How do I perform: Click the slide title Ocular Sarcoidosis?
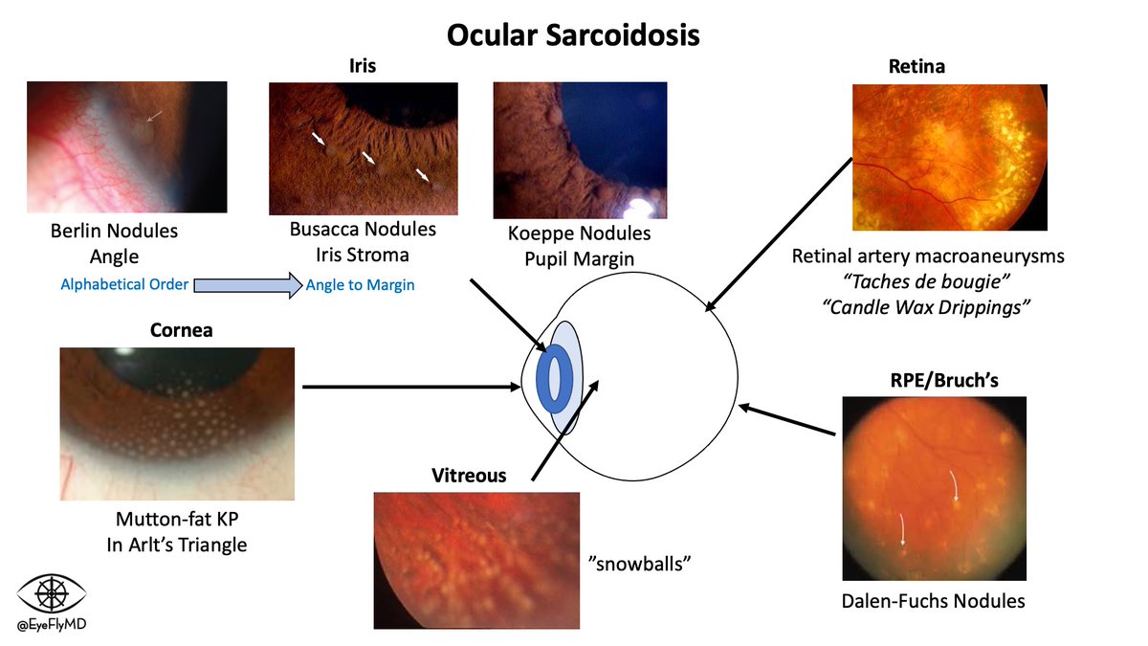click(573, 35)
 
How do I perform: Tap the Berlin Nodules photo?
click(127, 147)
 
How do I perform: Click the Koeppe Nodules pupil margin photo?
click(580, 150)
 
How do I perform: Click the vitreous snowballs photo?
click(476, 560)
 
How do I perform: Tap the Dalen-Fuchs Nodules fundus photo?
click(934, 489)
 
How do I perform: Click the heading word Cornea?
click(181, 330)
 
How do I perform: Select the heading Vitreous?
click(469, 475)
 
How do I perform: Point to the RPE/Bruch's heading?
click(938, 380)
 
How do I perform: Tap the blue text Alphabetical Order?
click(124, 284)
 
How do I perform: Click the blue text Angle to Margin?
click(361, 285)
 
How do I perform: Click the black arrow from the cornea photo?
click(411, 388)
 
